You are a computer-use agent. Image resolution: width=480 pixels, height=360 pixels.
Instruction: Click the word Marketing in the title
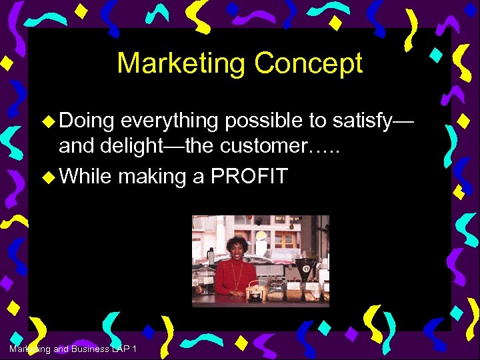(181, 64)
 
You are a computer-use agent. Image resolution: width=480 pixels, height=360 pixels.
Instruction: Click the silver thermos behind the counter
(211, 257)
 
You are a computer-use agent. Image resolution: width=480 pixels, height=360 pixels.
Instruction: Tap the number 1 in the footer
(135, 350)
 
